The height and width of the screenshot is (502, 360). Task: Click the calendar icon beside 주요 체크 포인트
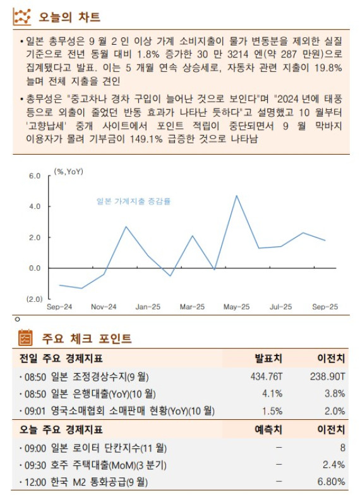pyautogui.click(x=25, y=338)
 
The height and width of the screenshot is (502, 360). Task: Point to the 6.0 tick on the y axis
pyautogui.click(x=35, y=176)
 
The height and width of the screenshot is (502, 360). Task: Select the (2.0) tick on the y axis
pyautogui.click(x=34, y=298)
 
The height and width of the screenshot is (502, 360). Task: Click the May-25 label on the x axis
pyautogui.click(x=236, y=307)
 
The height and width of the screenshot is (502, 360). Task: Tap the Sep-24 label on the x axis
pyautogui.click(x=59, y=307)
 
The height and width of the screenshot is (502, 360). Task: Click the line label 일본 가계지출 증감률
pyautogui.click(x=133, y=201)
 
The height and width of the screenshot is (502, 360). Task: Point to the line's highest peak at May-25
pyautogui.click(x=236, y=196)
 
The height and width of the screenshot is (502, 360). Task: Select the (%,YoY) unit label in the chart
pyautogui.click(x=68, y=171)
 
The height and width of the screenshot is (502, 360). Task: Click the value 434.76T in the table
pyautogui.click(x=267, y=376)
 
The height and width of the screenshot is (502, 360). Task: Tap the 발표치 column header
pyautogui.click(x=268, y=359)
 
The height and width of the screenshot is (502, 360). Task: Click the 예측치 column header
pyautogui.click(x=268, y=430)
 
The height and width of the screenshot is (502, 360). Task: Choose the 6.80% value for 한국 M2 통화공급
pyautogui.click(x=331, y=482)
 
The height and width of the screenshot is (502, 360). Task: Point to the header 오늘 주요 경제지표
pyautogui.click(x=59, y=430)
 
